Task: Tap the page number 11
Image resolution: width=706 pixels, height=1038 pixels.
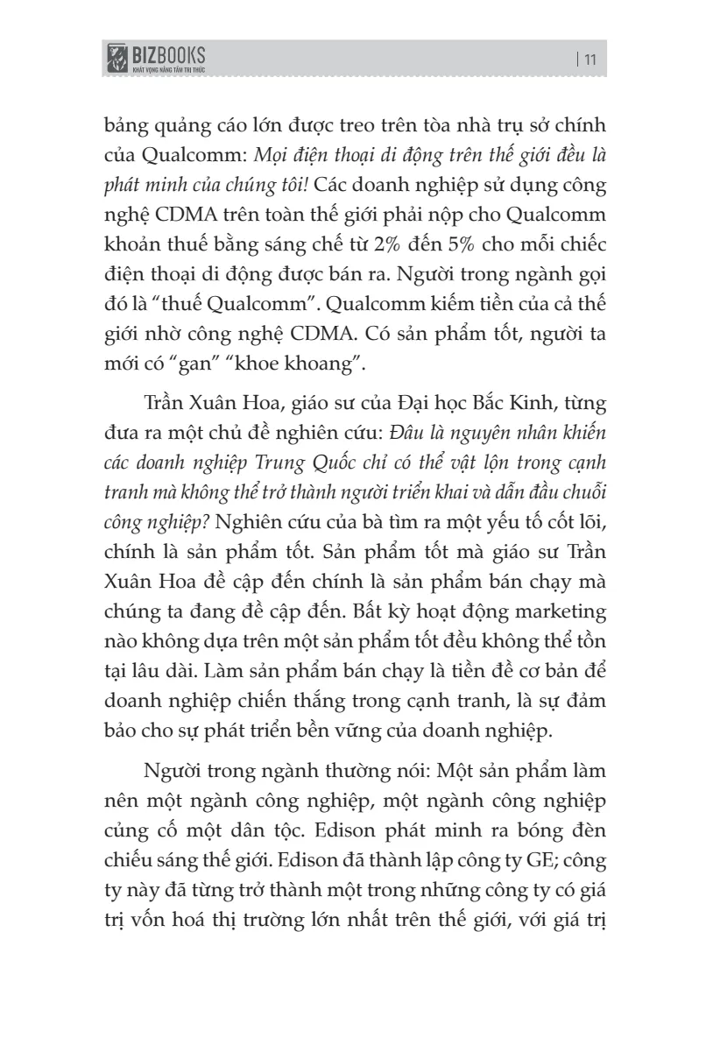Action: pos(588,60)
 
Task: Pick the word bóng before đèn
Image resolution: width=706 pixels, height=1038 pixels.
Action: pos(519,828)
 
